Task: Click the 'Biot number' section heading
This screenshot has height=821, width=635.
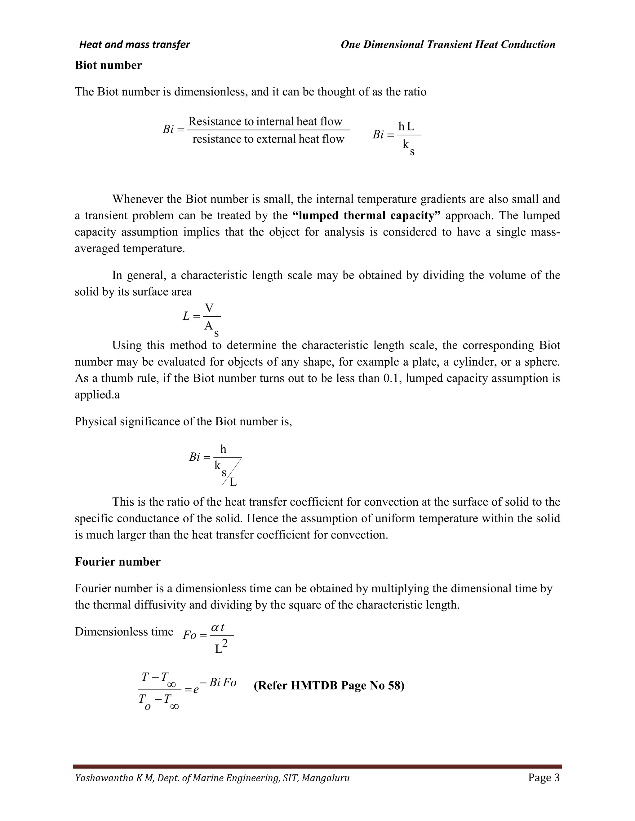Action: (x=108, y=65)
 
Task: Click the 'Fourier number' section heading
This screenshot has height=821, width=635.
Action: (x=118, y=562)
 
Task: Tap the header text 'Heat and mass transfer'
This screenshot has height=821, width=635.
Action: (x=134, y=45)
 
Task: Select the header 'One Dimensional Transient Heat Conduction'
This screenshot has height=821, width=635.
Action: (x=448, y=45)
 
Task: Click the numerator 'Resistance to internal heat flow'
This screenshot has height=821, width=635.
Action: (x=265, y=121)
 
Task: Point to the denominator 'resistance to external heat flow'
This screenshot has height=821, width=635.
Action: (x=268, y=139)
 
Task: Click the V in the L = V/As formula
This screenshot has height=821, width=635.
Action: (x=209, y=308)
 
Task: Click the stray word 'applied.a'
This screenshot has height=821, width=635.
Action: (x=97, y=395)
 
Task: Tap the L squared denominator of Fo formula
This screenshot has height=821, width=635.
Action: (x=221, y=647)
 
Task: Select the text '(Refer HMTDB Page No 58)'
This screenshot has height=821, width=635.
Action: (x=329, y=686)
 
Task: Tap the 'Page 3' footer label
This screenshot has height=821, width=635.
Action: (x=544, y=777)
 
